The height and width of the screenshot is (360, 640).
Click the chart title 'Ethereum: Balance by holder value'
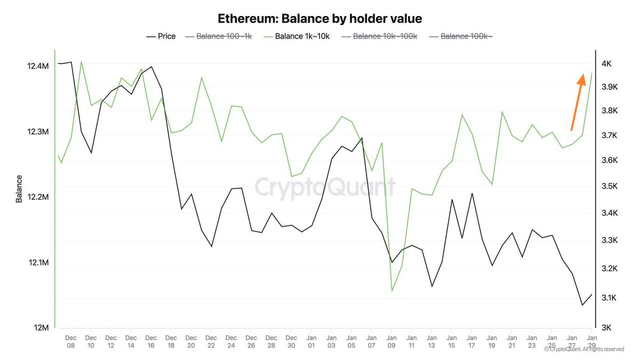[x=320, y=19]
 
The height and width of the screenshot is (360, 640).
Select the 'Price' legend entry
[x=161, y=36]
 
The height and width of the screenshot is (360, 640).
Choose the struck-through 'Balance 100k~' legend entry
[x=461, y=36]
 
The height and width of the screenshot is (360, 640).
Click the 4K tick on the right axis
[x=606, y=64]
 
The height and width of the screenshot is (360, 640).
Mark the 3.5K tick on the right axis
[x=609, y=186]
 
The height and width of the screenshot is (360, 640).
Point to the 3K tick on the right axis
[x=606, y=328]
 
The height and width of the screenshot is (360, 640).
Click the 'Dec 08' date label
[x=71, y=341]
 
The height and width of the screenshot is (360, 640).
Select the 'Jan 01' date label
[x=311, y=341]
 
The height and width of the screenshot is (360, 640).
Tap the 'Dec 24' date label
[x=231, y=341]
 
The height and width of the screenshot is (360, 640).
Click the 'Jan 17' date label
[x=471, y=341]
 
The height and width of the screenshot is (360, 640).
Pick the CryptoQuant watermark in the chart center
[x=325, y=187]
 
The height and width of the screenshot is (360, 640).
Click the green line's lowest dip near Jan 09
[x=392, y=291]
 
